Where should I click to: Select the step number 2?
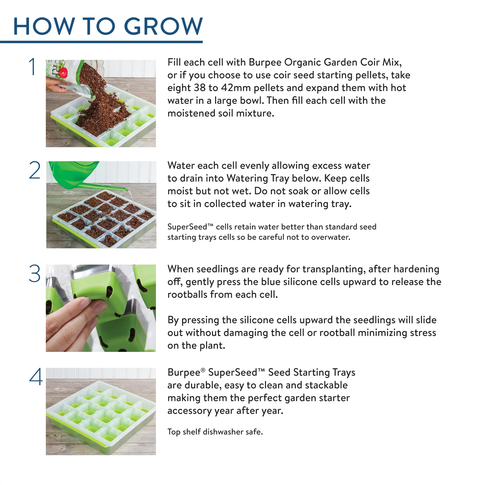[x=35, y=170]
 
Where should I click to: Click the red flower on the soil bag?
[x=64, y=73]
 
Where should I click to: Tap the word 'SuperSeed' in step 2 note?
[x=187, y=227]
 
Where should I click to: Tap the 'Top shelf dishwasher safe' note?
[x=215, y=432]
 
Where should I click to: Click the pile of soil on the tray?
[x=103, y=110]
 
